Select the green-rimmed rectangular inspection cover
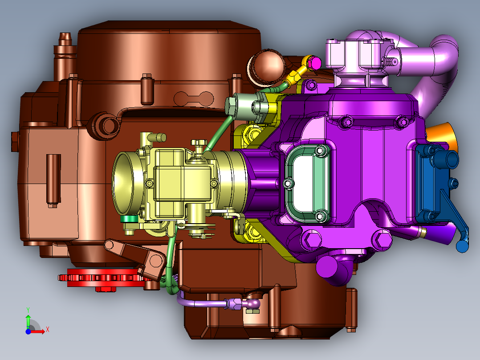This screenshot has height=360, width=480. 308,183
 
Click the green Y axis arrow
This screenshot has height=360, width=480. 28,320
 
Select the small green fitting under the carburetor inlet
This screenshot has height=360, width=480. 130,219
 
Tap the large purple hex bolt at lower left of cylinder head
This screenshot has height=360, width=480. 311,240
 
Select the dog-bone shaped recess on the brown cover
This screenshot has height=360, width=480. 194,97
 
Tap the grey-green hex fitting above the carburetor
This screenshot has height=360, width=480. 232,105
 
